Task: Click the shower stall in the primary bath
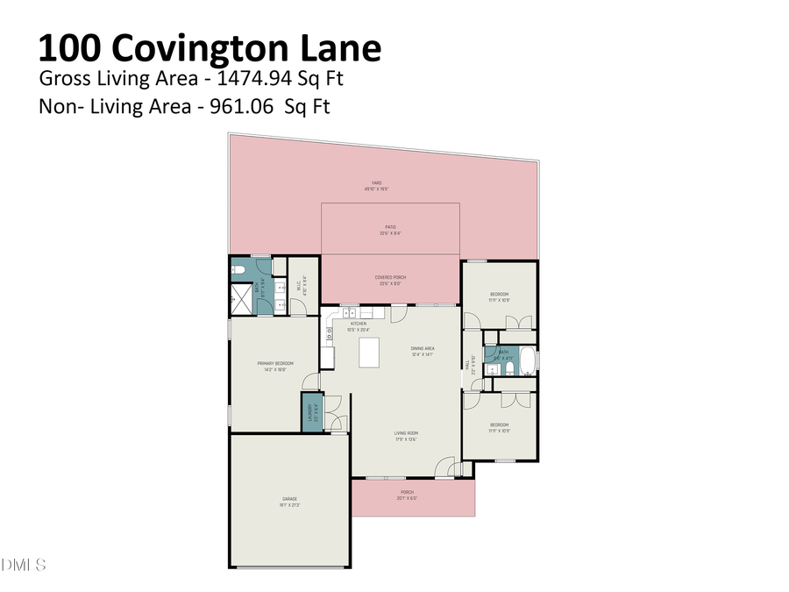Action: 239,298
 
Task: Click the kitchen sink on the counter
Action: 350,312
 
